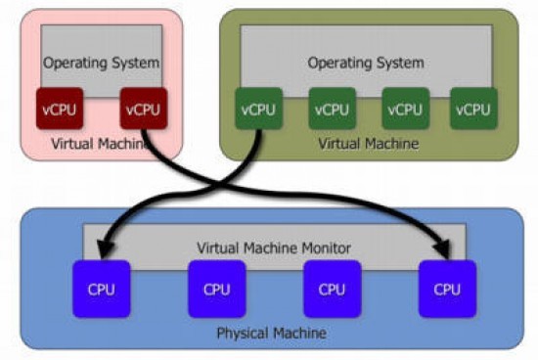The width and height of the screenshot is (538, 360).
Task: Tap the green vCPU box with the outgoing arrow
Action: (256, 109)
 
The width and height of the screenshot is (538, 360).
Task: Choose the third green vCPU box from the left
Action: (401, 109)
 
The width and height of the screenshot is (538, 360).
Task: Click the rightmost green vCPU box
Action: (472, 109)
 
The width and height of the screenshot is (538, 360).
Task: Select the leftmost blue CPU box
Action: (101, 290)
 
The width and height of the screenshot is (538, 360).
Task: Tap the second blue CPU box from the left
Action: (216, 290)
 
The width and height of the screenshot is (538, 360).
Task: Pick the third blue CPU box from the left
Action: (332, 290)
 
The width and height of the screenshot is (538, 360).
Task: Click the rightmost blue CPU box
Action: (447, 290)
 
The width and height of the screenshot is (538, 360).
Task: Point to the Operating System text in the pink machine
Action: (101, 63)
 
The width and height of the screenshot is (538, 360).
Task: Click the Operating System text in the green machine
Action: (366, 63)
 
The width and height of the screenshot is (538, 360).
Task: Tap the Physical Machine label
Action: (271, 334)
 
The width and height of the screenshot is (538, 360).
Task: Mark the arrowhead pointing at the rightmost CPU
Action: (447, 256)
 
